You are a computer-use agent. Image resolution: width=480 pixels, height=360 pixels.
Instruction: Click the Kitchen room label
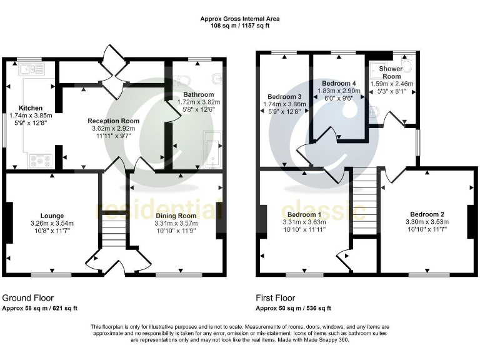pyautogui.click(x=31, y=107)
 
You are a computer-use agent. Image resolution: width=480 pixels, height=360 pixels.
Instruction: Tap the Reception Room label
pyautogui.click(x=113, y=121)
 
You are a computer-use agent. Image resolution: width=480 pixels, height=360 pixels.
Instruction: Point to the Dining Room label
pyautogui.click(x=176, y=216)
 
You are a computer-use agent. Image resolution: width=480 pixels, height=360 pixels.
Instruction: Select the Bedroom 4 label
pyautogui.click(x=339, y=83)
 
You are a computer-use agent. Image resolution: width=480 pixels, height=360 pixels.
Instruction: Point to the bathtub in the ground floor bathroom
pyautogui.click(x=214, y=150)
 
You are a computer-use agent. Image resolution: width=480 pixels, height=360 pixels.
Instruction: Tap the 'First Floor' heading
pyautogui.click(x=275, y=298)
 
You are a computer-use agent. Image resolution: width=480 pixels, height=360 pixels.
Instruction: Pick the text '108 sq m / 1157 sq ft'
pyautogui.click(x=240, y=26)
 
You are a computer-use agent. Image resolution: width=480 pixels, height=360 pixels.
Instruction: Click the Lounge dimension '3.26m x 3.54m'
pyautogui.click(x=52, y=223)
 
